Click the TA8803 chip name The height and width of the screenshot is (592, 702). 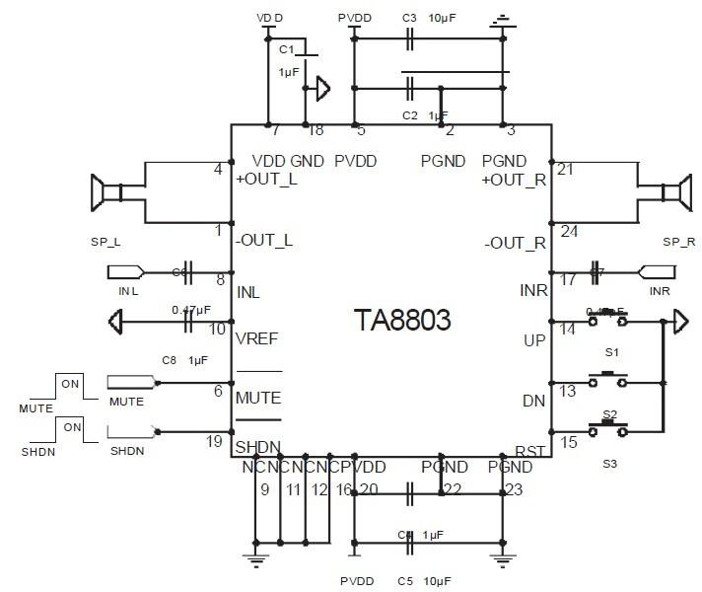pyautogui.click(x=402, y=320)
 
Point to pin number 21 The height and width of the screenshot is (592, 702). pyautogui.click(x=565, y=170)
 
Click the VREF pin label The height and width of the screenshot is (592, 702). pyautogui.click(x=257, y=337)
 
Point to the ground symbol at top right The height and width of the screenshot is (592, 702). pyautogui.click(x=504, y=19)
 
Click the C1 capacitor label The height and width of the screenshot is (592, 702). pyautogui.click(x=287, y=48)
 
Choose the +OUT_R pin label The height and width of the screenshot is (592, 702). pyautogui.click(x=514, y=181)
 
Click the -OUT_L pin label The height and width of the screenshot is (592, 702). pyautogui.click(x=265, y=241)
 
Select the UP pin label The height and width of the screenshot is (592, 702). pyautogui.click(x=534, y=338)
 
